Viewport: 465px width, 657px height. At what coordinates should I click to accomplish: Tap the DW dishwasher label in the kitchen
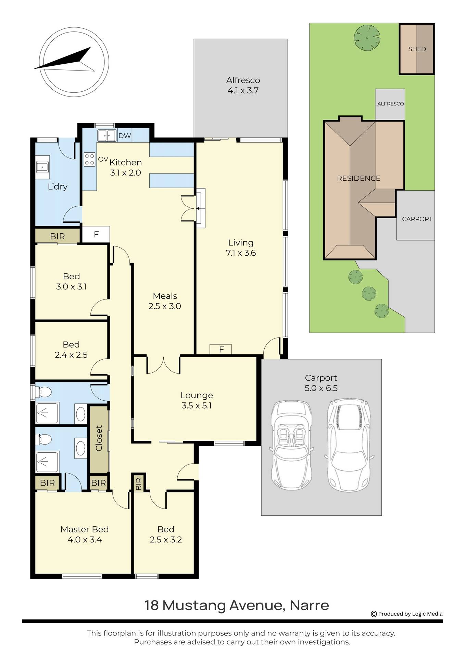coord(125,136)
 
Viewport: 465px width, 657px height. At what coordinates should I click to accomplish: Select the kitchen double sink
coord(106,136)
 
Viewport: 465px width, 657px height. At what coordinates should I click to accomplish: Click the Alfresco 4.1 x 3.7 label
coord(243,85)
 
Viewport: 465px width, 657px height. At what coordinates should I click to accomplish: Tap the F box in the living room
coord(221,349)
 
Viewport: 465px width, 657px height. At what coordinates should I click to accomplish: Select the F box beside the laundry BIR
coord(96,234)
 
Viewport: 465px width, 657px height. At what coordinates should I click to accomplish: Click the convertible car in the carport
coord(291,445)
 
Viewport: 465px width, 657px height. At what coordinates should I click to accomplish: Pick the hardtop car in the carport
coord(349,445)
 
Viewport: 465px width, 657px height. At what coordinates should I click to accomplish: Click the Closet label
coord(99,438)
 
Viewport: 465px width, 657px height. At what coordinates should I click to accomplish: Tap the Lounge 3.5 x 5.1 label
coord(197,400)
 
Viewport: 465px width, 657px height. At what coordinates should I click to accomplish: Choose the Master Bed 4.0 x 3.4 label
coord(85,534)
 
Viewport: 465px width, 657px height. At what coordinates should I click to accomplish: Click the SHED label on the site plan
coord(417,49)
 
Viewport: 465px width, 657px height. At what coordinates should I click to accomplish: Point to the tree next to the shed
coord(367,37)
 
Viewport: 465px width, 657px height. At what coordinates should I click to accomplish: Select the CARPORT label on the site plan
coord(417,219)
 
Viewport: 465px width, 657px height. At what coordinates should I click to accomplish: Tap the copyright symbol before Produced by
coord(374,614)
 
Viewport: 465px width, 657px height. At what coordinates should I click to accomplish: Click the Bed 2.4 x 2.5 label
coord(71,349)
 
